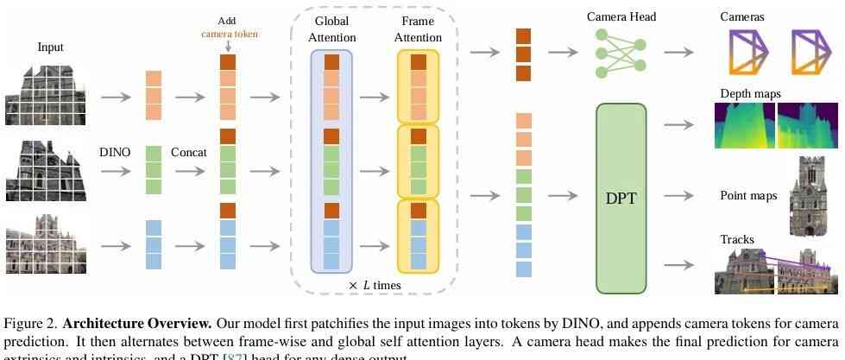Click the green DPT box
[621, 198]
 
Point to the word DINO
[115, 152]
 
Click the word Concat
[188, 152]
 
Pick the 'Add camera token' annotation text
[228, 28]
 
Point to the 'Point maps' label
[748, 196]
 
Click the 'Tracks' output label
[738, 239]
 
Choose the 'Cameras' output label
[741, 16]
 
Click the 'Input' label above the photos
[51, 47]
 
